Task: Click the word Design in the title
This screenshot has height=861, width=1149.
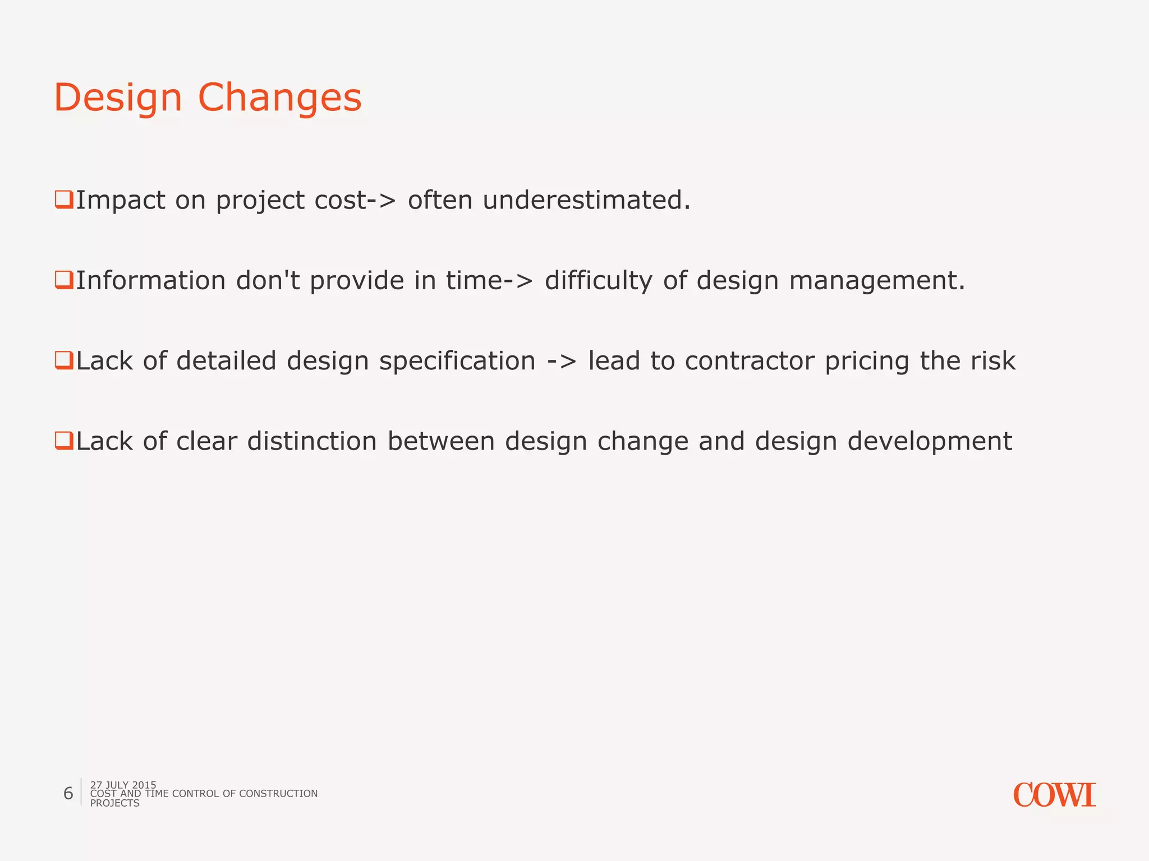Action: point(118,98)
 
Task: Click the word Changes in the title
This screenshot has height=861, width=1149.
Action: point(279,98)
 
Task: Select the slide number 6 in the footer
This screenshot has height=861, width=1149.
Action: point(68,793)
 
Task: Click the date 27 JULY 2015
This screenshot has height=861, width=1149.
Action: point(123,785)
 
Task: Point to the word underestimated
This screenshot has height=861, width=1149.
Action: point(586,200)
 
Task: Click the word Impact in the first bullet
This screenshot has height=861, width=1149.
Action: point(120,200)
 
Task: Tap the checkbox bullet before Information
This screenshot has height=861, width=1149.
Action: point(63,279)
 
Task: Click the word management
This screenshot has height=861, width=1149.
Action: point(877,281)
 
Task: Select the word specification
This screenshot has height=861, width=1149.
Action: point(457,362)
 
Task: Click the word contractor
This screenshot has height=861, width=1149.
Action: point(749,362)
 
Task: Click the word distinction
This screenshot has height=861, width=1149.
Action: point(312,442)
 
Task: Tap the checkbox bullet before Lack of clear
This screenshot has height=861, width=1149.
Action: point(63,440)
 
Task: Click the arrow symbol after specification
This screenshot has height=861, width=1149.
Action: point(562,362)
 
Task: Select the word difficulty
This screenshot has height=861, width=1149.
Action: point(599,281)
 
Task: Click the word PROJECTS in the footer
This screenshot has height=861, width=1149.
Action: point(114,803)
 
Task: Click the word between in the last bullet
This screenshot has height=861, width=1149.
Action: point(441,442)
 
